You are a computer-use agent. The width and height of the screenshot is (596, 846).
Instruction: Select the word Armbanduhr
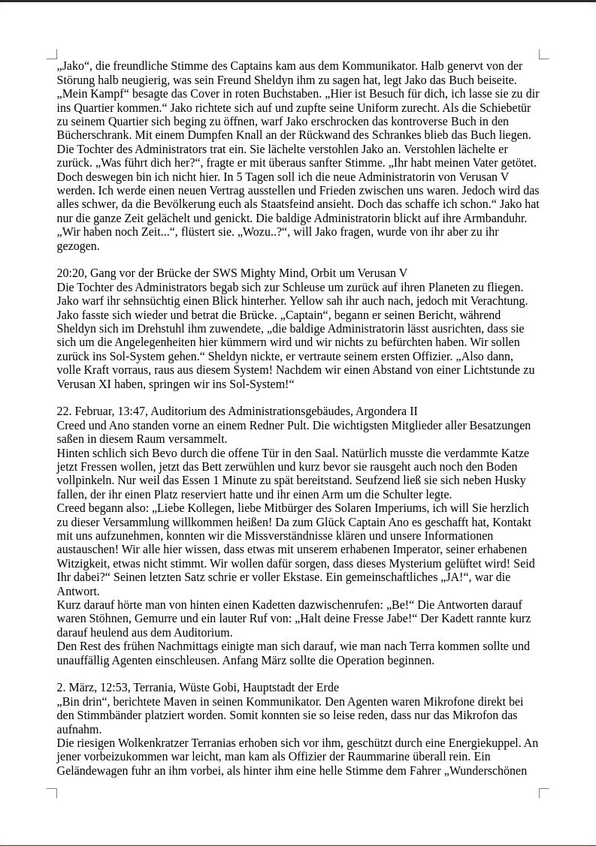499,218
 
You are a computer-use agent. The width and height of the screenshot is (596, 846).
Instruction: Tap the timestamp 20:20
71,273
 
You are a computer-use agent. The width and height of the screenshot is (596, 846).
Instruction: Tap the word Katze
513,453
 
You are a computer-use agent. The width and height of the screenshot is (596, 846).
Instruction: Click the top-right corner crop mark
543,55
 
